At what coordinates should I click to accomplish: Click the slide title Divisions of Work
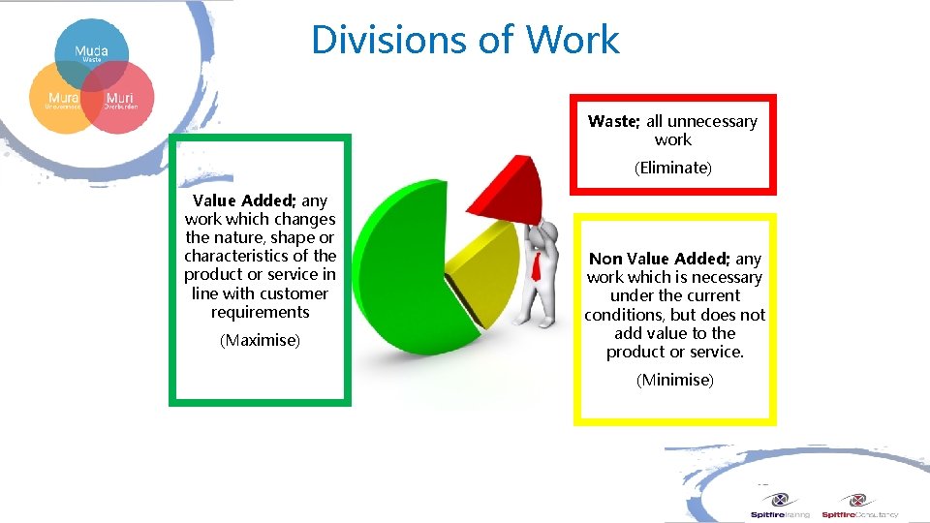click(465, 40)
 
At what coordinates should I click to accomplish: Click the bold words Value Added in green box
click(243, 201)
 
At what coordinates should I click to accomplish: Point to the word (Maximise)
click(260, 341)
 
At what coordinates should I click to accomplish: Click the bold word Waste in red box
click(613, 122)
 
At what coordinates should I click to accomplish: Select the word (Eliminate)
click(672, 168)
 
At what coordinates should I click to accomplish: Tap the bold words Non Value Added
click(660, 259)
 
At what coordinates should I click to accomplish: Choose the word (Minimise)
click(674, 380)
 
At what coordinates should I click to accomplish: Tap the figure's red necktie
click(535, 265)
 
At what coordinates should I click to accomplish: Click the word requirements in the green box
click(260, 312)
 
